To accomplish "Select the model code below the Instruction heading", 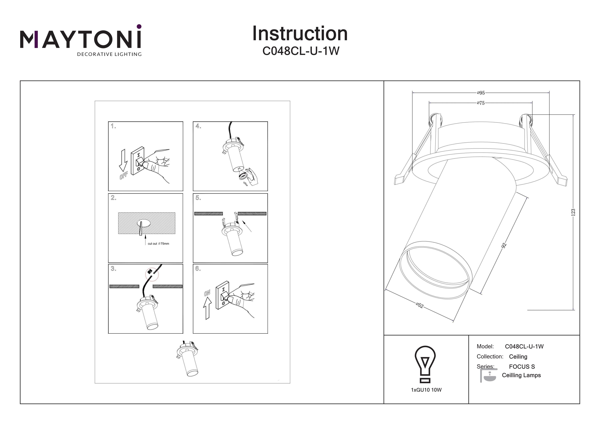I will (x=301, y=51).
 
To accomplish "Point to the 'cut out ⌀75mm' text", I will (x=158, y=244).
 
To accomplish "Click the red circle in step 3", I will (x=152, y=275).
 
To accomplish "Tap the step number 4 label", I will (x=198, y=126).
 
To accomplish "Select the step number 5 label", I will (x=198, y=198).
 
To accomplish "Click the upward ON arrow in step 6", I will (x=207, y=308).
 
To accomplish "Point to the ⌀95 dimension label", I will (x=481, y=93).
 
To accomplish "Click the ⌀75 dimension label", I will (x=481, y=103).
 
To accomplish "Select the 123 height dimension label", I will (x=573, y=212).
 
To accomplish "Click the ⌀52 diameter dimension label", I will (x=419, y=305).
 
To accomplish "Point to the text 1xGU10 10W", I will (x=426, y=390).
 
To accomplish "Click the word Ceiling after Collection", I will (x=518, y=357).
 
